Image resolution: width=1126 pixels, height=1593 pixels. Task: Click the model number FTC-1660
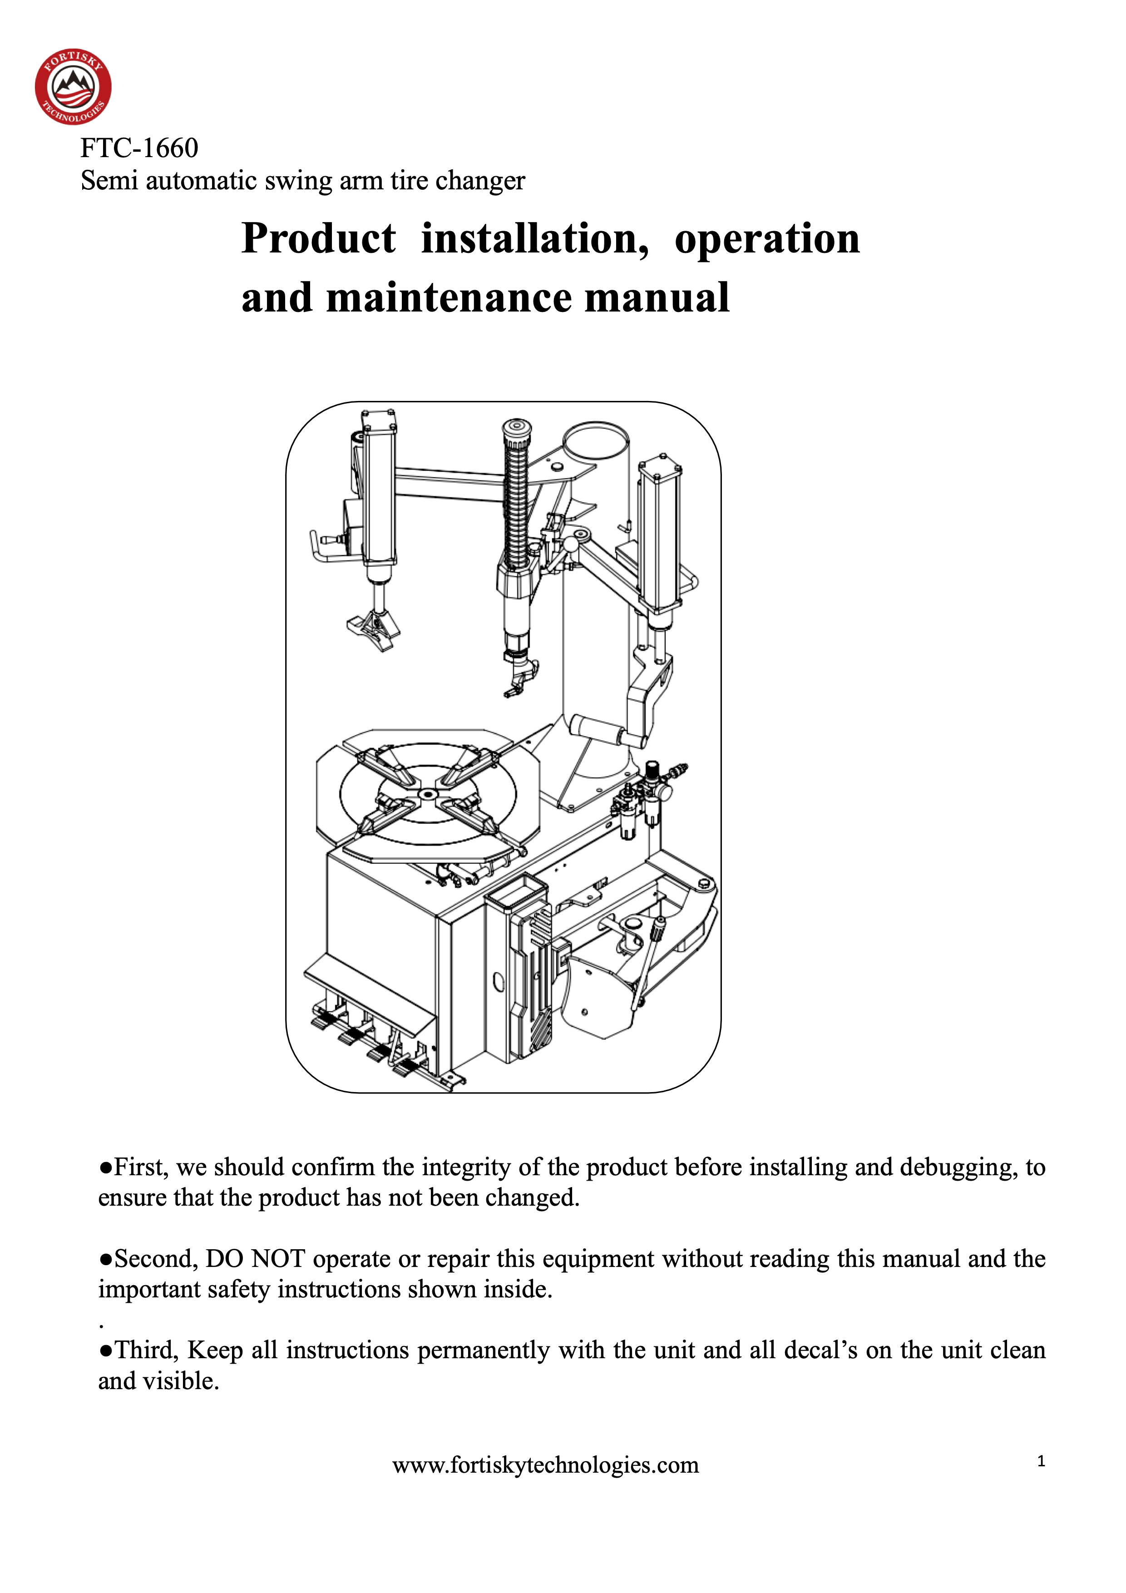tap(139, 148)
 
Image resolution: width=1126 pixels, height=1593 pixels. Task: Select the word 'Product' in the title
tap(318, 239)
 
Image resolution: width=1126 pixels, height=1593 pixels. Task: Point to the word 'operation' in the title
tap(766, 239)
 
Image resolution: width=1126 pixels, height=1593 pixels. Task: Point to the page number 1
tap(1041, 1461)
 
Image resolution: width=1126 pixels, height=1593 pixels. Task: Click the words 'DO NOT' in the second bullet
tap(255, 1259)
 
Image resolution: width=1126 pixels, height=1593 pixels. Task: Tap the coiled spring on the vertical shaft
tap(515, 506)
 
